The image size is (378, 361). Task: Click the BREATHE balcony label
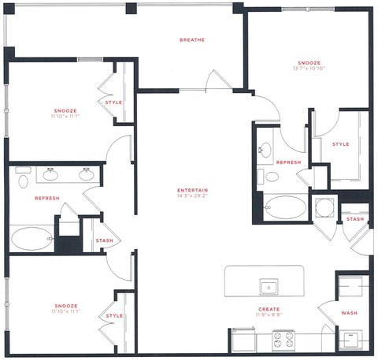point(192,39)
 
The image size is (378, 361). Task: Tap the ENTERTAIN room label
point(192,190)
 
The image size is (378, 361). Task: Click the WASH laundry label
point(349,313)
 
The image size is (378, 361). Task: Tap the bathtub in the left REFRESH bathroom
point(31,237)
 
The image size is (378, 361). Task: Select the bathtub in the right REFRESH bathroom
point(286,208)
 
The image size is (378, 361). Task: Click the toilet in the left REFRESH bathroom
point(22,181)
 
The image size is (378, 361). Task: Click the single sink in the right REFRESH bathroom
point(265,148)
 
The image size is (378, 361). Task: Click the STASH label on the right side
point(354,219)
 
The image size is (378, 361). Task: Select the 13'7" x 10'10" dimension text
point(309,69)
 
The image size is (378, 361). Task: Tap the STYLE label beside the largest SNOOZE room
point(340,144)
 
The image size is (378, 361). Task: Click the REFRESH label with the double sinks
point(47,198)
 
